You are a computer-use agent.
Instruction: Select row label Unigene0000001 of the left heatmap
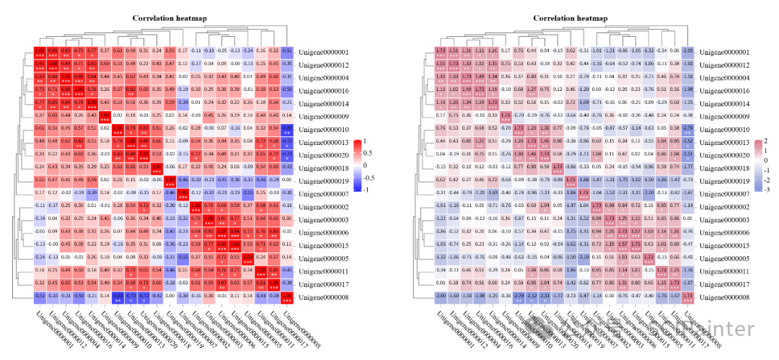pos(324,52)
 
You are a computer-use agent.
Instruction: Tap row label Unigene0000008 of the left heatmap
pos(324,297)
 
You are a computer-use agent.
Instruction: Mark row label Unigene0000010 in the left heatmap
pos(324,129)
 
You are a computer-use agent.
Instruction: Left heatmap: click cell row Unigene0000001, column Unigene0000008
pos(287,52)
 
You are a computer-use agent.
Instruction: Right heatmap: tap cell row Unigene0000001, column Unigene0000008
pos(687,52)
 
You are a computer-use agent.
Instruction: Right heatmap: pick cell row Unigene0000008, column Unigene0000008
pos(687,297)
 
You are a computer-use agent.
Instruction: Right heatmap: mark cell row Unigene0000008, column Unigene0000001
pos(440,297)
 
